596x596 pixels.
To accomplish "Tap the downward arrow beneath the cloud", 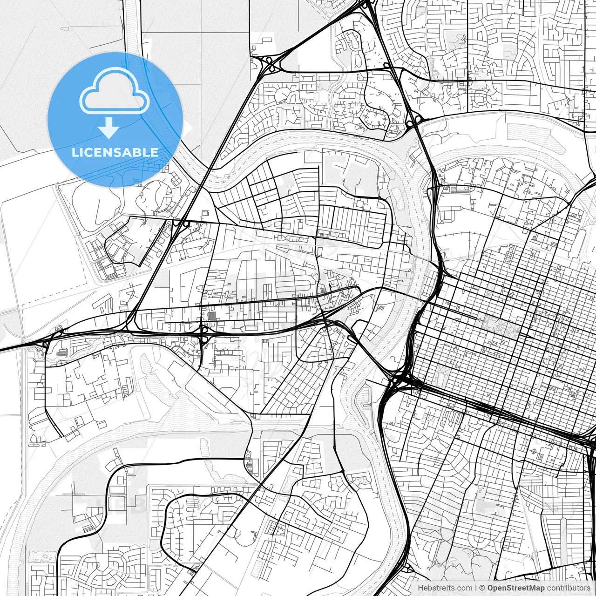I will tap(109, 128).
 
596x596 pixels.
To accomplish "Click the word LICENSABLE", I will tap(115, 152).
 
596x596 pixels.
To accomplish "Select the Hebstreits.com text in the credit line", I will tap(445, 588).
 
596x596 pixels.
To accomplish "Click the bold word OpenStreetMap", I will tap(515, 588).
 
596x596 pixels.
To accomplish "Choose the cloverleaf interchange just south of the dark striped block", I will tap(204, 332).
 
